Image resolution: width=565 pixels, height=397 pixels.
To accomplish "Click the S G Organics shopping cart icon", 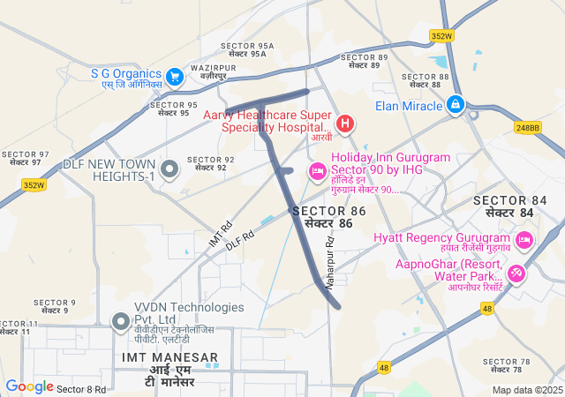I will click(175, 76).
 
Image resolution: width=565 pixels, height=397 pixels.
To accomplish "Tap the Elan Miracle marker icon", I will click(456, 105).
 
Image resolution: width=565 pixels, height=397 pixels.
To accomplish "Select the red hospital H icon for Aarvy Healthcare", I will click(344, 123).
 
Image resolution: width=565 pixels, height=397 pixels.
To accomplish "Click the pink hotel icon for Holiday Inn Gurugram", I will click(317, 169).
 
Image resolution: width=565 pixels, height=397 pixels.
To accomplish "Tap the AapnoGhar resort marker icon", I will click(516, 273).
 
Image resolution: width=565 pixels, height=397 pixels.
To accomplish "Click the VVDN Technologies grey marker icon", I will click(120, 320).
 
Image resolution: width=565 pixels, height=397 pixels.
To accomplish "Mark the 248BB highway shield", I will click(527, 128).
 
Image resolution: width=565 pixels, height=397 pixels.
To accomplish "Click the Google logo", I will click(29, 386).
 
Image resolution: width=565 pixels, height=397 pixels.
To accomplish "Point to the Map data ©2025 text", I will click(527, 390).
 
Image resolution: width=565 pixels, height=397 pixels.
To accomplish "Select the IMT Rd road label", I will click(220, 234).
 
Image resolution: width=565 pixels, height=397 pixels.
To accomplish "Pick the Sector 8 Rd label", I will click(81, 389).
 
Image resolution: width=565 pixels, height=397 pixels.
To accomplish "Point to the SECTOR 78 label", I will click(507, 362).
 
